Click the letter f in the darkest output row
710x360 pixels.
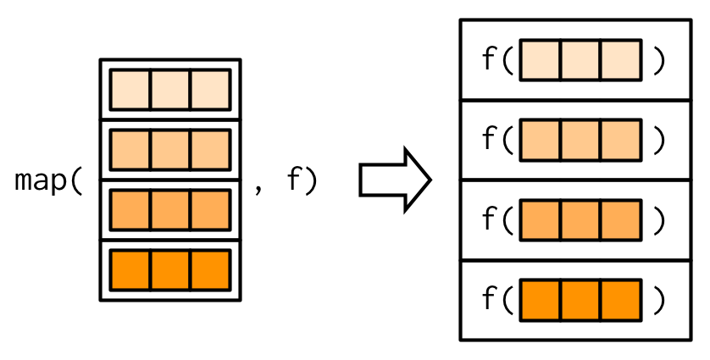pos(489,300)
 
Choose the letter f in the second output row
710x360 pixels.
pos(489,140)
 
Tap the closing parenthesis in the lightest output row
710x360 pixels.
pos(659,60)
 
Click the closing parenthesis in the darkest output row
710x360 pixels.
pos(659,301)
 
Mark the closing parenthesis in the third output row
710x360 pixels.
pos(659,220)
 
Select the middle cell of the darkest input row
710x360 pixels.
pos(169,270)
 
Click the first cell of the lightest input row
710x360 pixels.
pos(130,90)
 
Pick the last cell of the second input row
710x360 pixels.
pos(209,150)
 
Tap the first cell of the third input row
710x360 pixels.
pos(130,210)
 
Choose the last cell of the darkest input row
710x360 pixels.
pos(209,270)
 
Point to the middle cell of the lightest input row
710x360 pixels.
pos(169,90)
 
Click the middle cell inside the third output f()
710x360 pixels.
pos(580,220)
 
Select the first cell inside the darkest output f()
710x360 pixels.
pos(541,301)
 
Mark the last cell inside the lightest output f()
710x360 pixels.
pos(620,60)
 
